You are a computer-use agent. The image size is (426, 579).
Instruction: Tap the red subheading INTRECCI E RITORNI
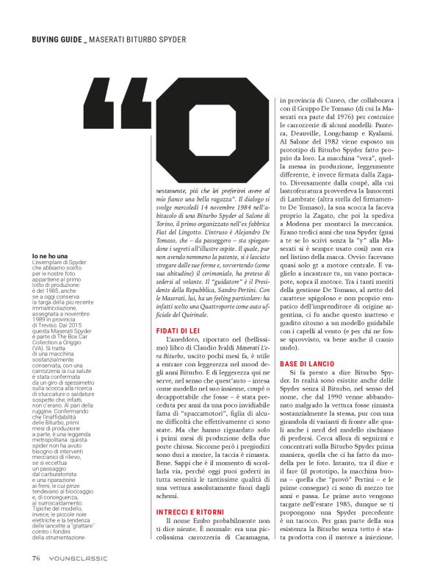tap(189, 505)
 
